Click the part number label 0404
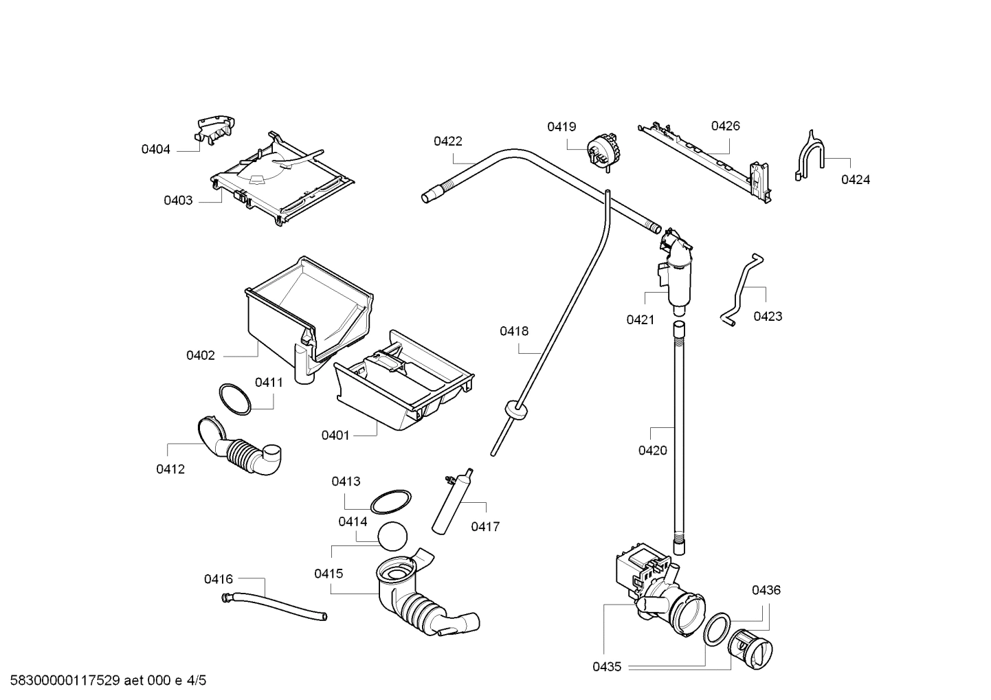click(155, 149)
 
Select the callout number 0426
click(725, 126)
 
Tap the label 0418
click(514, 331)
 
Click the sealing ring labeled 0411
click(235, 399)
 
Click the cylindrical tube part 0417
click(452, 501)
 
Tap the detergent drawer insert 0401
click(405, 388)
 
